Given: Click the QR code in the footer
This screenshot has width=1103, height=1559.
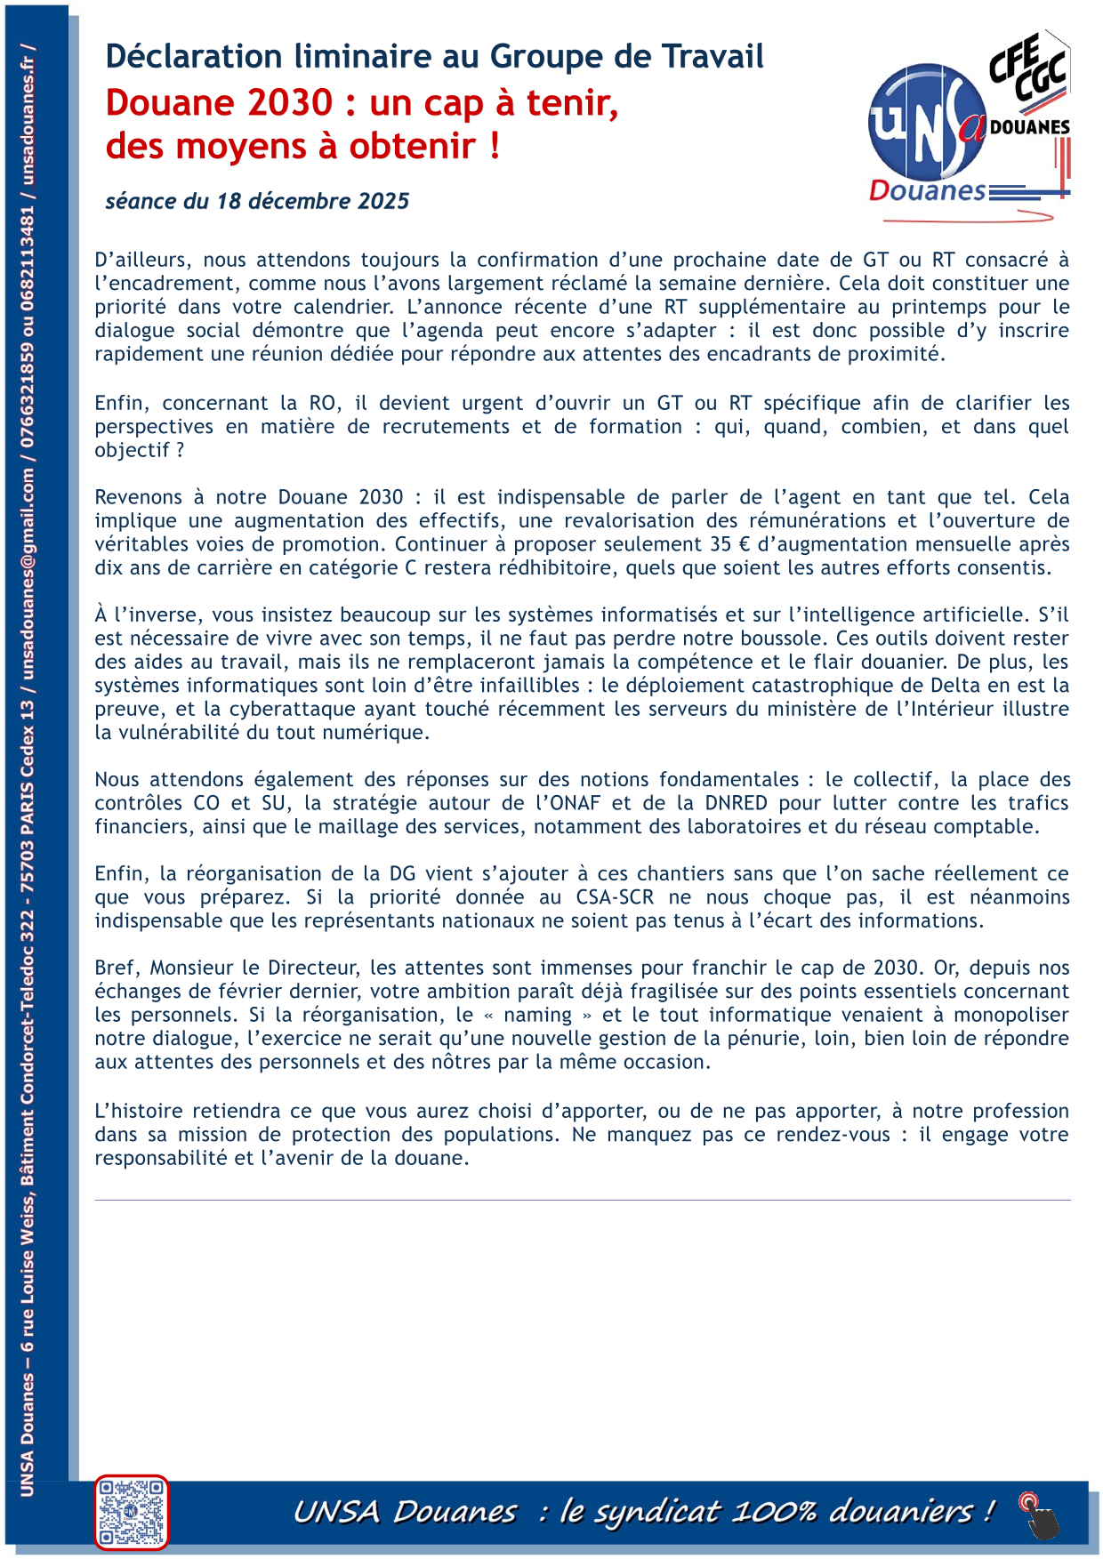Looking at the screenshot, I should (x=131, y=1511).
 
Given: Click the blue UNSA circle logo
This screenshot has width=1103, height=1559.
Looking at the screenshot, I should (x=926, y=123).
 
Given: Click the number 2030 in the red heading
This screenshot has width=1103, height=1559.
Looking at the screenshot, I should (x=290, y=103).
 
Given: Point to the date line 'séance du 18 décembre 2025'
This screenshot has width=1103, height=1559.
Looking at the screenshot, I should (x=257, y=201).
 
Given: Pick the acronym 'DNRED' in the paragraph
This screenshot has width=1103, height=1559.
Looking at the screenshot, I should (x=736, y=803).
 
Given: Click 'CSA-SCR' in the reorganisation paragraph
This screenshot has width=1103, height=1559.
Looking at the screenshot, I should (x=615, y=897).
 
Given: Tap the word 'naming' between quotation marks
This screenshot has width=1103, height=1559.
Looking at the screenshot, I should (x=537, y=1015).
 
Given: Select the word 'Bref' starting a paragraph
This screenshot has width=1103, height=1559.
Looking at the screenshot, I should (x=115, y=968).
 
